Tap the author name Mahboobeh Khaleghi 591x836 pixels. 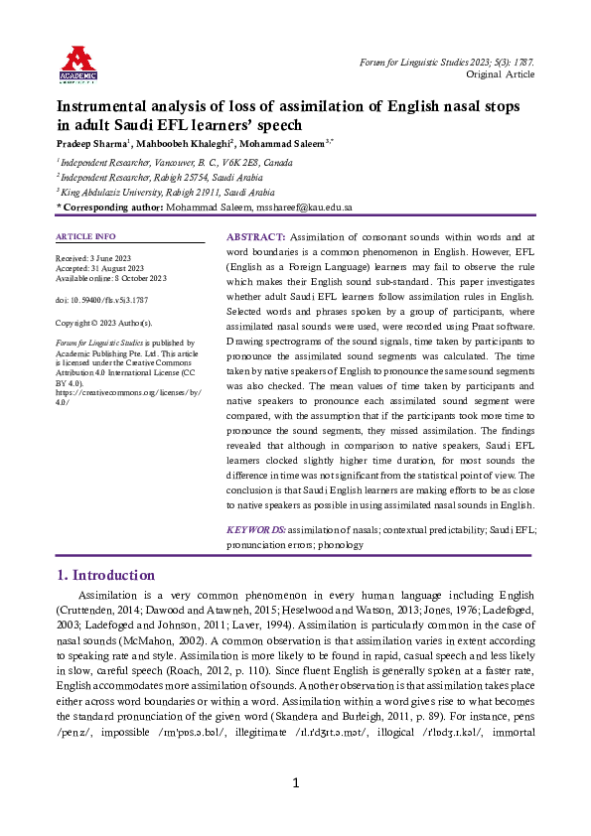tap(187, 143)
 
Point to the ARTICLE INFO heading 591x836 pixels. tap(85, 236)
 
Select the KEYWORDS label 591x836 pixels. tap(256, 530)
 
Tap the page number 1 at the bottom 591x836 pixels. tap(295, 811)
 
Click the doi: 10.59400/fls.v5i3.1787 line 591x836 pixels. tap(102, 299)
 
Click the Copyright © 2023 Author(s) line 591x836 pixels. tap(104, 323)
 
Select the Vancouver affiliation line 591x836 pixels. tap(175, 161)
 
